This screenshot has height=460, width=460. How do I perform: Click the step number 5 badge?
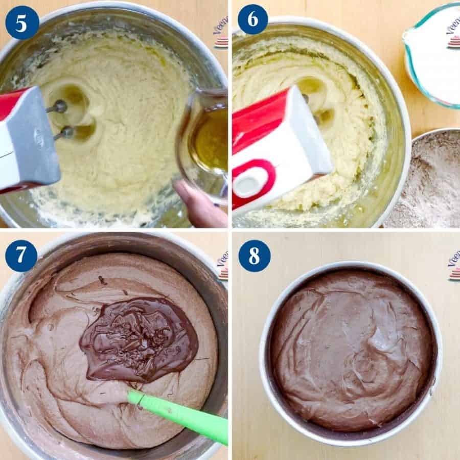click(x=22, y=22)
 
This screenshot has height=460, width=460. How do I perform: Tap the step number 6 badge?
click(x=252, y=19)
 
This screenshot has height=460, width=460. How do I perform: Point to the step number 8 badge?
click(x=254, y=256)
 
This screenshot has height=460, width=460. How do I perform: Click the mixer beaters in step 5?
click(x=61, y=120)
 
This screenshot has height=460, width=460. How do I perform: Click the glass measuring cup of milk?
click(x=434, y=56)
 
